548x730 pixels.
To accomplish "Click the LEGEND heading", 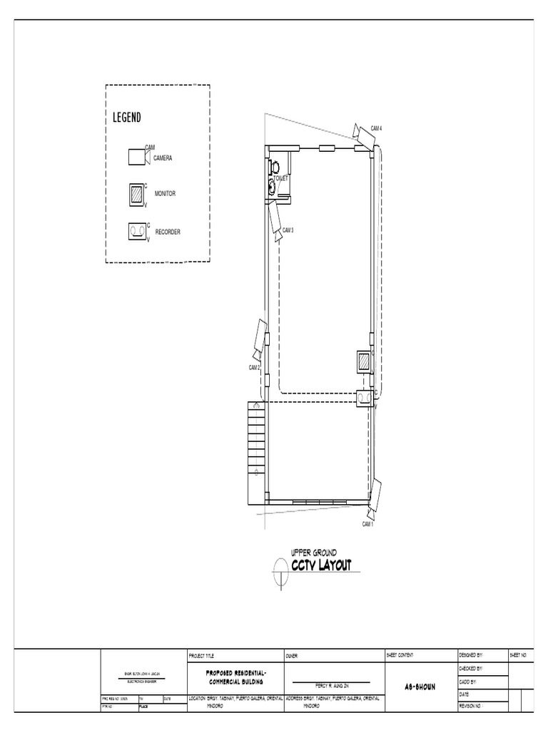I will click(x=127, y=118).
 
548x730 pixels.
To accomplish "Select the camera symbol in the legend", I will click(x=136, y=156).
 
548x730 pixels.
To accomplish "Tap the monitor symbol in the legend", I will click(x=136, y=194).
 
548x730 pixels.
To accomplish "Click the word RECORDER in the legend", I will click(x=167, y=232).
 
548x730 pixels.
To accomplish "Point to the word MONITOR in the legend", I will click(x=165, y=194).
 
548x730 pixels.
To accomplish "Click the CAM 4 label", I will click(x=376, y=128).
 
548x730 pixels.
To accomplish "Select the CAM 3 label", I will click(x=288, y=230).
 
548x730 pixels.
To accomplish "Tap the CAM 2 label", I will click(x=254, y=368).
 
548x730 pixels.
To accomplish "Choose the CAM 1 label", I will click(x=367, y=524).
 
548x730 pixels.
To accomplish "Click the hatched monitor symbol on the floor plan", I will click(x=364, y=361).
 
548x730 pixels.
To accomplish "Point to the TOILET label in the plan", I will click(x=280, y=179).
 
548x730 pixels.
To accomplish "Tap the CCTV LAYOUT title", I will click(x=320, y=566).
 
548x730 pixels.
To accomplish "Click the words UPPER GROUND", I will click(x=314, y=552).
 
